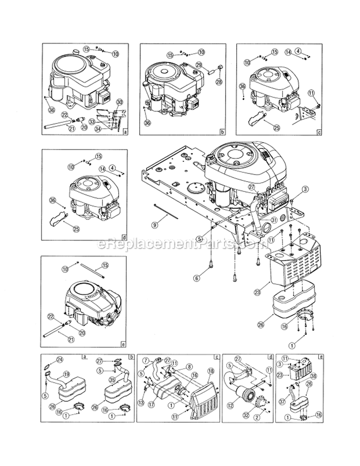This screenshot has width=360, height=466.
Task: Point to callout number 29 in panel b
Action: (198, 65)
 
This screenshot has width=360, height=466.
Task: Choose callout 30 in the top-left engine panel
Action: (120, 101)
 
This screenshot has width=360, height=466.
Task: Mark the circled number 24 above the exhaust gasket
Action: (60, 360)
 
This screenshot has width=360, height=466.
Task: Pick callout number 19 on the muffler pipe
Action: (67, 374)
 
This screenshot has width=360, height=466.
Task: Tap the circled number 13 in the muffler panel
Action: (141, 402)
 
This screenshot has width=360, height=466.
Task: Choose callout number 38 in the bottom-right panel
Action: (313, 377)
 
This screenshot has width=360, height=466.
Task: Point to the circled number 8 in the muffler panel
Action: (190, 366)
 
